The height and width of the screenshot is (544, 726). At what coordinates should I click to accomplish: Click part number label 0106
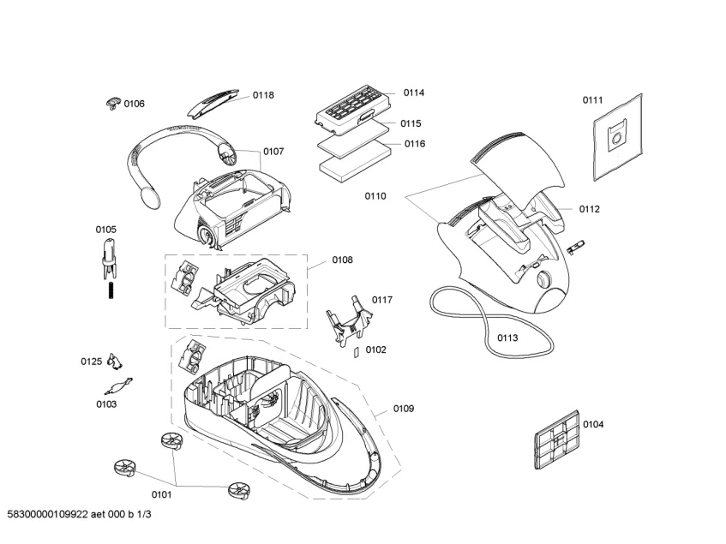pyautogui.click(x=134, y=104)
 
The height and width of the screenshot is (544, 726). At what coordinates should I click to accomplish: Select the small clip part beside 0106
pyautogui.click(x=111, y=103)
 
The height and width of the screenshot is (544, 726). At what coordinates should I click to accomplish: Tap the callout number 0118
pyautogui.click(x=263, y=95)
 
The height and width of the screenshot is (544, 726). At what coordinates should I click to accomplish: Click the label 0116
pyautogui.click(x=414, y=143)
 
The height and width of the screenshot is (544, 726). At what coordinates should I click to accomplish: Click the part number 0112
pyautogui.click(x=589, y=208)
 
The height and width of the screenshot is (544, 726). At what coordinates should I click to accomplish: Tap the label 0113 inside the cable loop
pyautogui.click(x=507, y=338)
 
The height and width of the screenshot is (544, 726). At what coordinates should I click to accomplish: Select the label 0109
pyautogui.click(x=404, y=409)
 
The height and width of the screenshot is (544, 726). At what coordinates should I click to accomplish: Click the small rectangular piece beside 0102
pyautogui.click(x=356, y=351)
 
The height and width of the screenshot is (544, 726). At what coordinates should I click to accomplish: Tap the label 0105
pyautogui.click(x=105, y=229)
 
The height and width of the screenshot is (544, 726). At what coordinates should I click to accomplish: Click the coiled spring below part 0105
pyautogui.click(x=109, y=291)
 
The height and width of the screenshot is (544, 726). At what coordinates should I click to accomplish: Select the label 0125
pyautogui.click(x=92, y=362)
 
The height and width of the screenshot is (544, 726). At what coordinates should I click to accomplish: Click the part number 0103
pyautogui.click(x=106, y=404)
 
